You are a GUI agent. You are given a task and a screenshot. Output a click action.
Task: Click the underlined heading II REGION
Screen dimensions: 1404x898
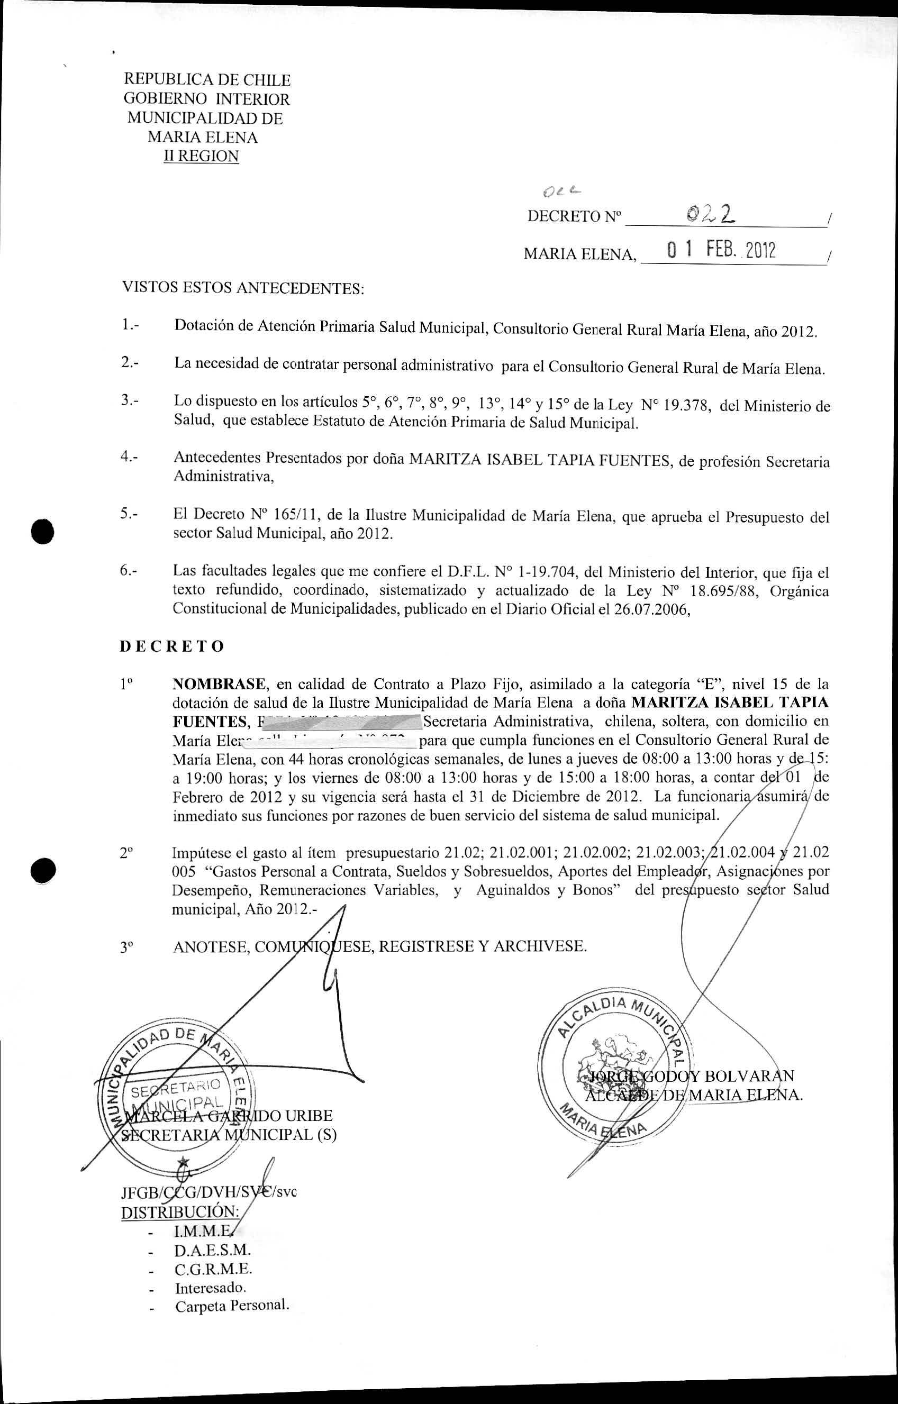201,156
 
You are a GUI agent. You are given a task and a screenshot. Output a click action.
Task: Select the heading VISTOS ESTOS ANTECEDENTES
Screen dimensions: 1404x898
242,288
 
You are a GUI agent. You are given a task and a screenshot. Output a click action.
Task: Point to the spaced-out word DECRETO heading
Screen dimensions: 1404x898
172,646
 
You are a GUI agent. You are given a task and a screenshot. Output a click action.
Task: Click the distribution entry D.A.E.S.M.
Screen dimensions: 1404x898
212,1250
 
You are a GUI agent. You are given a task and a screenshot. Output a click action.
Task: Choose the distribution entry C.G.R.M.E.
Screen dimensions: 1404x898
213,1269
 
